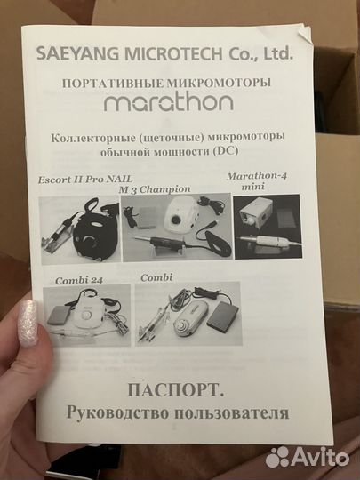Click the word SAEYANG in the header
click(72, 54)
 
